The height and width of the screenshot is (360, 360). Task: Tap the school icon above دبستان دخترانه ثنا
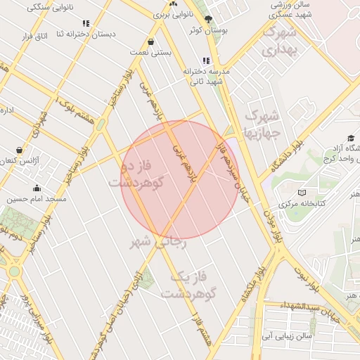pos(86,23)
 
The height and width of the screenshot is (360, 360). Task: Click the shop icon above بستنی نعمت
pos(152,41)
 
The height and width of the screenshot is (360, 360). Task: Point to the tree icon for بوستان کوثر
pos(207,19)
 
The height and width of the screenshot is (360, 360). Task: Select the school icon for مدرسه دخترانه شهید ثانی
pos(206,61)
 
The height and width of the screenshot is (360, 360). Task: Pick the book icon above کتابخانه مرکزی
pos(302,193)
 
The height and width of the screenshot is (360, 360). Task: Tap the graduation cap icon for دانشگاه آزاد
pos(350,139)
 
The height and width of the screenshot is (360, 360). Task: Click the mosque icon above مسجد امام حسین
pos(37,188)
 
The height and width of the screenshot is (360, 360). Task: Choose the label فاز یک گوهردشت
pos(191,285)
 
